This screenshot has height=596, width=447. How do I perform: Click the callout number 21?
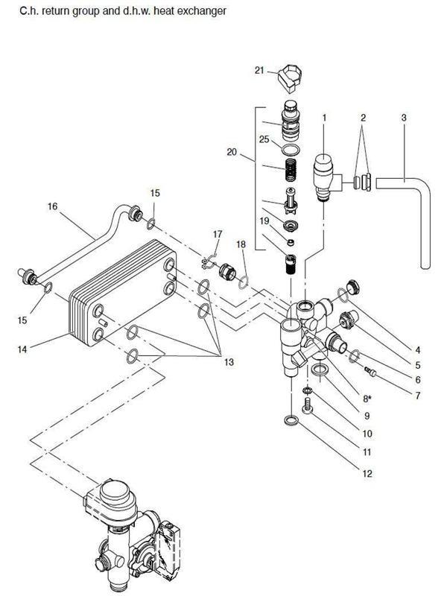(259, 70)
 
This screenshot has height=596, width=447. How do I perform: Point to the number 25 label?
(264, 139)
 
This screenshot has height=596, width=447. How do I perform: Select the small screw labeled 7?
(372, 372)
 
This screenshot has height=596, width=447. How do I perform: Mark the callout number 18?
(241, 245)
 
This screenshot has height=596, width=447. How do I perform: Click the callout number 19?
(264, 221)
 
